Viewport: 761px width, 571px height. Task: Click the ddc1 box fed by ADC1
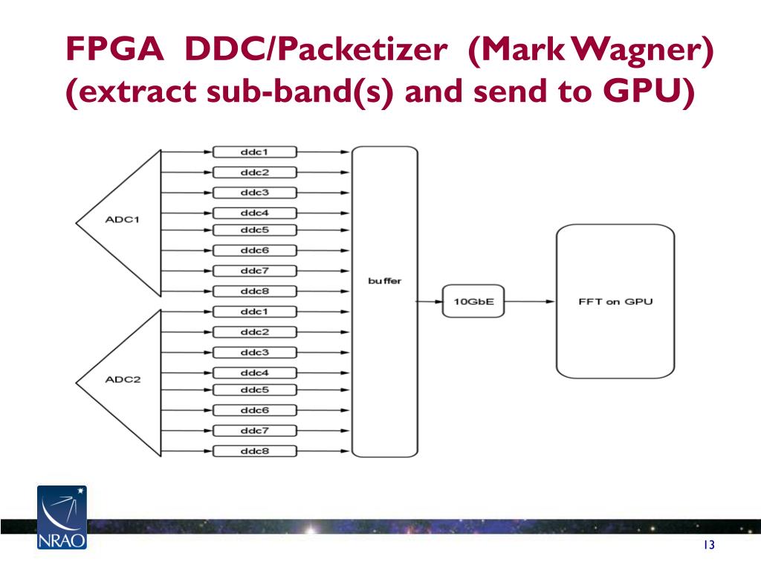[255, 152]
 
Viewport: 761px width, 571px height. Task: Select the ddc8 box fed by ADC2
[255, 451]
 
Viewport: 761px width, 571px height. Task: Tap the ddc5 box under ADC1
[255, 230]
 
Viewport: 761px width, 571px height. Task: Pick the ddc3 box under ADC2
[255, 352]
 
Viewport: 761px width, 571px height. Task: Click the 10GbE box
[473, 302]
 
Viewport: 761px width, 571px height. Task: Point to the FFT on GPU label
[615, 302]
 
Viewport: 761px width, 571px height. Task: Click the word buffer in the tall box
[385, 280]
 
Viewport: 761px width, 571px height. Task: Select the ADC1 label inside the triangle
[123, 219]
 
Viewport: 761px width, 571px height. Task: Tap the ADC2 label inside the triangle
[123, 379]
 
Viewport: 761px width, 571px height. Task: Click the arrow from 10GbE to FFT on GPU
[530, 302]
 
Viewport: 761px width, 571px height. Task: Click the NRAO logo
[62, 517]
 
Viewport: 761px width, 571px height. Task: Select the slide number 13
[709, 545]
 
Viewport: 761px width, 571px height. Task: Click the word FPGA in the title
[114, 49]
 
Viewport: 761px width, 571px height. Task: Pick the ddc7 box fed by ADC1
[255, 271]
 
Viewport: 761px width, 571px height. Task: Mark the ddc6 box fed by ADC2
[255, 410]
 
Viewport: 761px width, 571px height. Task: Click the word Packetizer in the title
[363, 49]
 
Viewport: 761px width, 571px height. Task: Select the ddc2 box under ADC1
[255, 172]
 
